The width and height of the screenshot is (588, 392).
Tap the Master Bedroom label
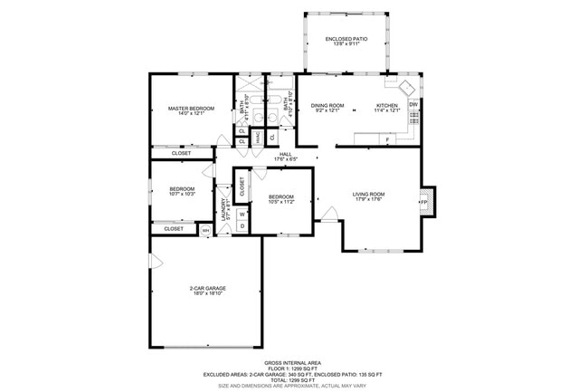click(191, 109)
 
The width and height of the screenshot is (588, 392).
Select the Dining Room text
click(327, 106)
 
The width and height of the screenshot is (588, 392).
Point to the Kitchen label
click(387, 106)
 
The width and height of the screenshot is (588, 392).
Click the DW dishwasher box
click(413, 105)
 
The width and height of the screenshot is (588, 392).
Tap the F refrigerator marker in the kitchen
click(387, 140)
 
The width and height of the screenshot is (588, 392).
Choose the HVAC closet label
click(258, 138)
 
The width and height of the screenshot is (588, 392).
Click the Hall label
click(285, 155)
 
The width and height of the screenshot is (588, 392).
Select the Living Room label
click(368, 194)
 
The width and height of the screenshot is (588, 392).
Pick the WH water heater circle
click(205, 230)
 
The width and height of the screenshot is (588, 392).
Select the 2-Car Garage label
click(207, 289)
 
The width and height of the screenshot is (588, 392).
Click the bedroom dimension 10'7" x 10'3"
click(182, 194)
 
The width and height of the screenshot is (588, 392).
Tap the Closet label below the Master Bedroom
click(182, 153)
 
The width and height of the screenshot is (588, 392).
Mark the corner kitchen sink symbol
click(404, 88)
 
